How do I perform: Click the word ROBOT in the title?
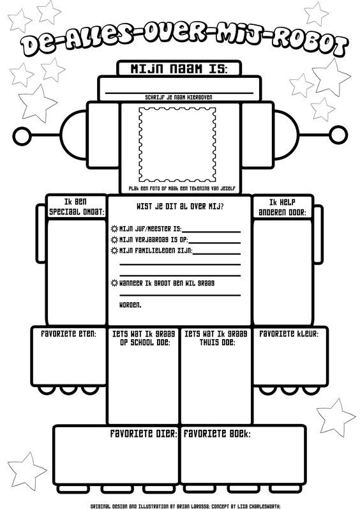309,45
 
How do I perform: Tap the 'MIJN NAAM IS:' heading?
179,69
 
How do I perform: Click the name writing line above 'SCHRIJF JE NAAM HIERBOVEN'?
179,93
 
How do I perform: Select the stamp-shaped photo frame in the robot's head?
177,145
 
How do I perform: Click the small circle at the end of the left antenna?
22,135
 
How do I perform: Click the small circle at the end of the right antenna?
338,135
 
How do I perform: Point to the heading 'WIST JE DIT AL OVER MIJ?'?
180,206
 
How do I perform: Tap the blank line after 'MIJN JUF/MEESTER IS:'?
211,232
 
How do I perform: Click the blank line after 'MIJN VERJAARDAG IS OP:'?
214,243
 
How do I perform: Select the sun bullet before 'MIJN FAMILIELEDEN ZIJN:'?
114,250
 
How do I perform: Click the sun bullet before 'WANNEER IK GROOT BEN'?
114,283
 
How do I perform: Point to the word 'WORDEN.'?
130,305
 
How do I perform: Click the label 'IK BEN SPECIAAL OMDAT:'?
77,207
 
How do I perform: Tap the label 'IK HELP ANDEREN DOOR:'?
283,207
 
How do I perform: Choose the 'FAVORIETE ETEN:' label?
68,334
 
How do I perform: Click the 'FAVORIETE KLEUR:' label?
289,334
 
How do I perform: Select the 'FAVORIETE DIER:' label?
144,434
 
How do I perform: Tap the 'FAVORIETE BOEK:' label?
217,434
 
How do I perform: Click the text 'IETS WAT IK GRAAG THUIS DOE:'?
216,338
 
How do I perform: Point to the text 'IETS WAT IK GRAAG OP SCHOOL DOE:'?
144,338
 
